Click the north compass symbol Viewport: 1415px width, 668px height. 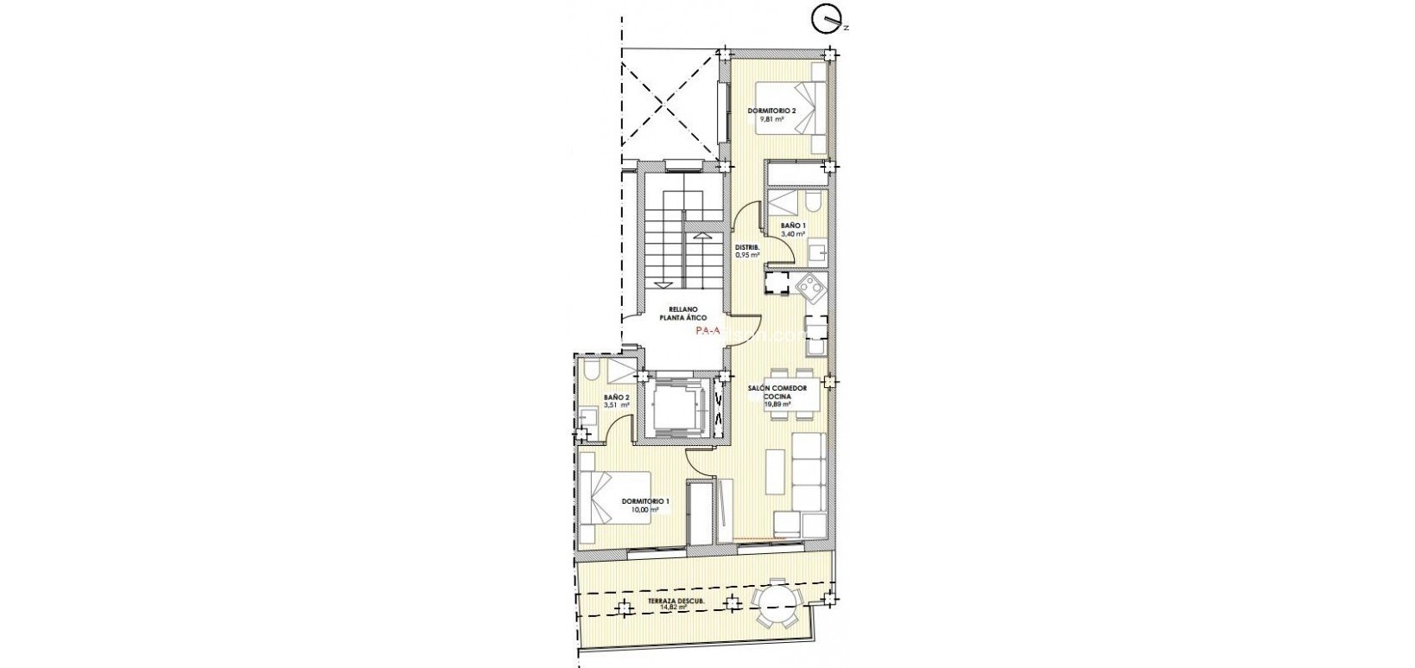tap(827, 16)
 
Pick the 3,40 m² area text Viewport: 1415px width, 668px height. tap(793, 233)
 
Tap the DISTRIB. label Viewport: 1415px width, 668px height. tap(747, 247)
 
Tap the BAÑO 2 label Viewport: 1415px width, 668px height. tap(615, 398)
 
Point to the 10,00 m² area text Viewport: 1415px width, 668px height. tap(644, 510)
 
